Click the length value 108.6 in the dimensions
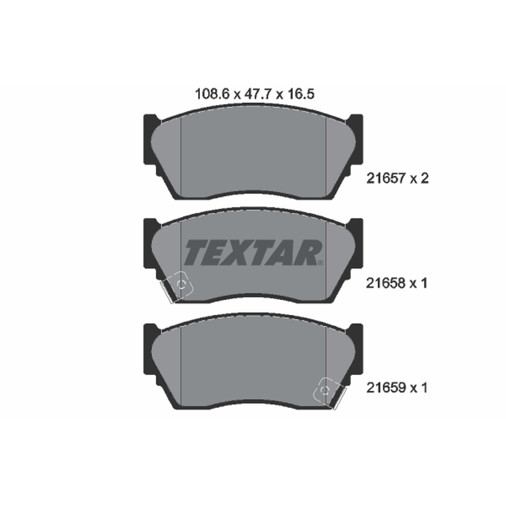click(212, 94)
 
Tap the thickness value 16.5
click(300, 94)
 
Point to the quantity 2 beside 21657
click(424, 178)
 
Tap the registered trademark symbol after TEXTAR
click(320, 263)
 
